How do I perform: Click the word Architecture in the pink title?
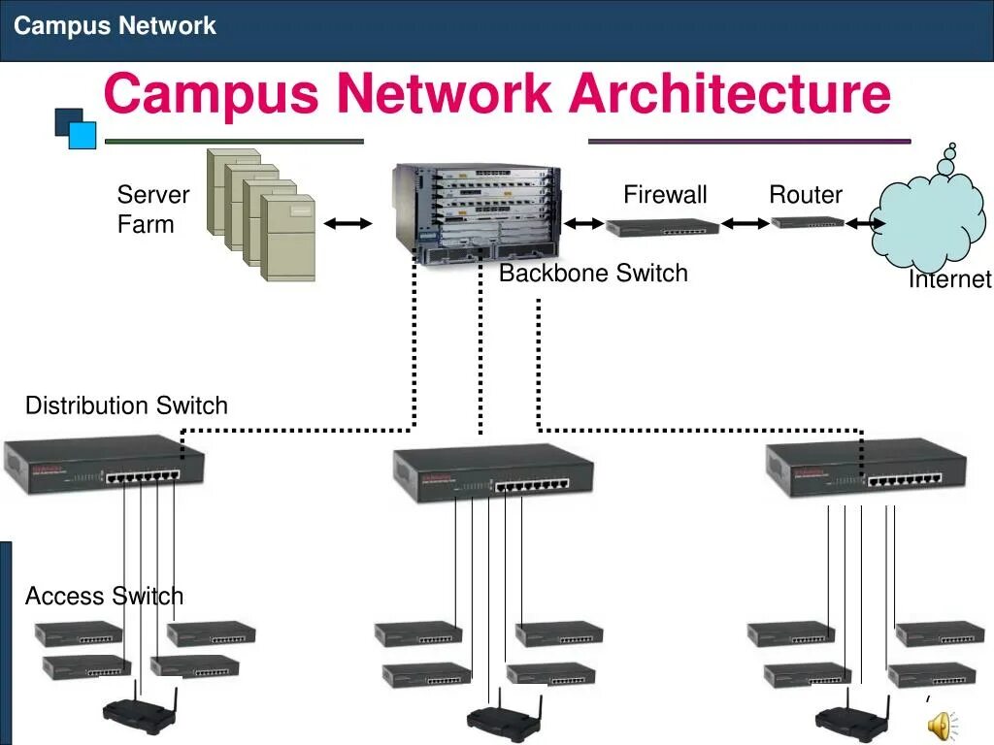click(x=730, y=95)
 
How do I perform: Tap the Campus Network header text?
click(x=115, y=25)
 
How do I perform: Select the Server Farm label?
click(x=152, y=210)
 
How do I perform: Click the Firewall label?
click(x=665, y=195)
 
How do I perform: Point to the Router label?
click(x=806, y=195)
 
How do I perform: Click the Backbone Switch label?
click(x=593, y=274)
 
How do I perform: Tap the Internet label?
click(x=949, y=280)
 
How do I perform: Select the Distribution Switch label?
click(x=126, y=405)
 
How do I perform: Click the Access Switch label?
click(x=104, y=596)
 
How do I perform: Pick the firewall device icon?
click(x=663, y=228)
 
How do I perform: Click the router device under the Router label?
click(x=808, y=223)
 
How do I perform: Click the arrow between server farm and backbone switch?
click(x=348, y=224)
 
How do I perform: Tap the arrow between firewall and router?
click(x=745, y=224)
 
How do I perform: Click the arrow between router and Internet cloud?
click(x=865, y=224)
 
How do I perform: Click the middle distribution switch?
click(x=493, y=475)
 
